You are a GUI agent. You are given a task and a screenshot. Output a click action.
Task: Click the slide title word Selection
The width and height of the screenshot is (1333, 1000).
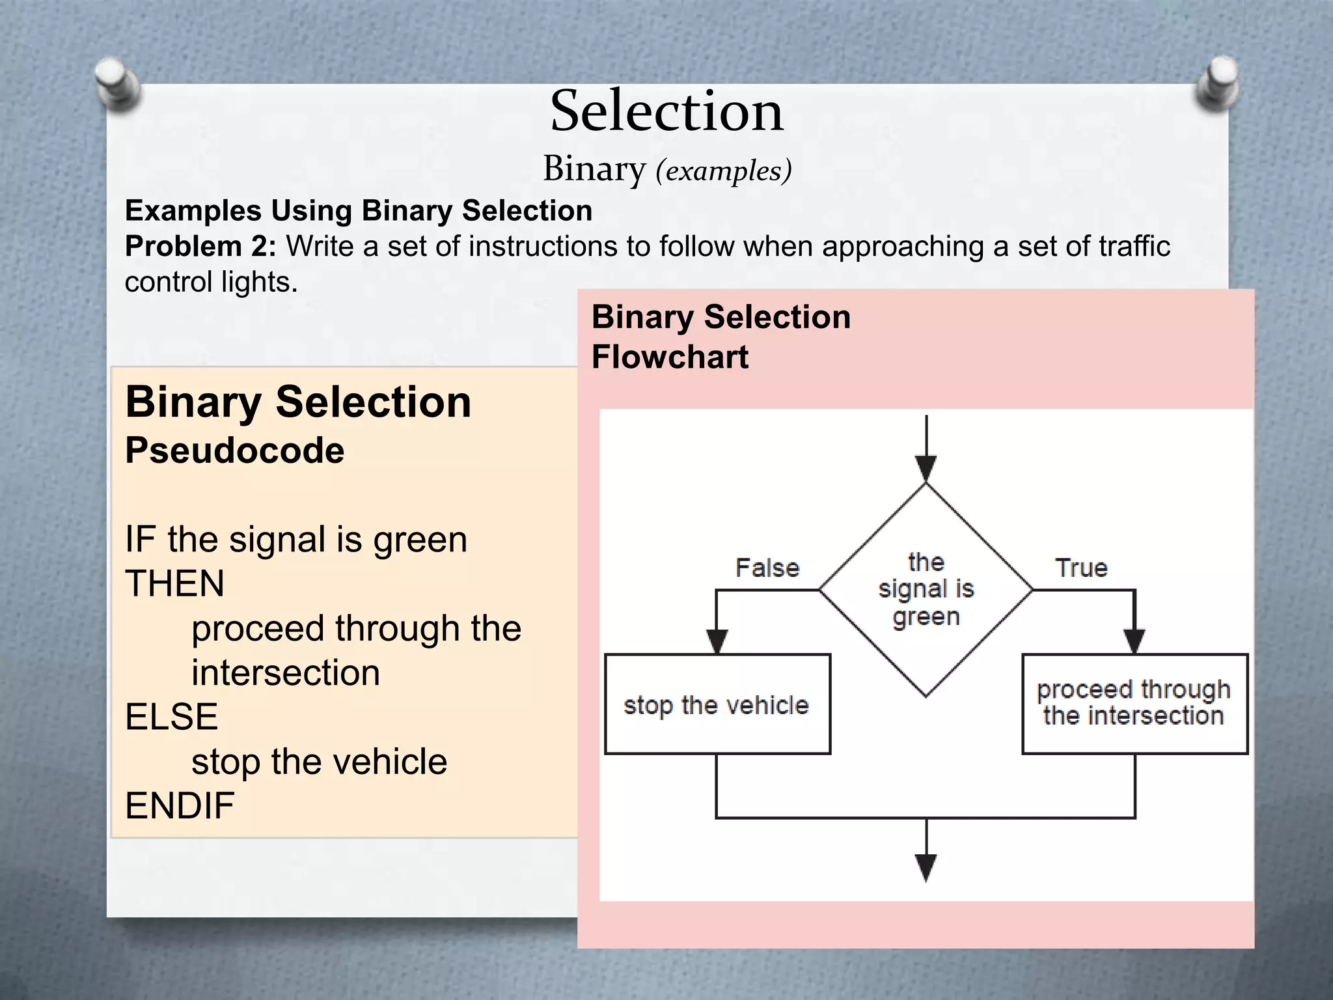(x=666, y=111)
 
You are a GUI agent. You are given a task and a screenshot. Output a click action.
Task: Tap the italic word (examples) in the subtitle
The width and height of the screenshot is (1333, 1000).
(x=723, y=171)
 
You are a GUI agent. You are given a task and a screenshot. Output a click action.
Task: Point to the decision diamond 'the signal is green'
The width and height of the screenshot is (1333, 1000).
(x=926, y=590)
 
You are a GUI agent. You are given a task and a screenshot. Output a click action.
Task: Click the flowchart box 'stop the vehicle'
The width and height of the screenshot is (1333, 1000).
(x=717, y=704)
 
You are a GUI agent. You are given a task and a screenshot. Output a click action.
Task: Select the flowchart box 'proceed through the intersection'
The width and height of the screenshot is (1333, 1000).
(x=1134, y=703)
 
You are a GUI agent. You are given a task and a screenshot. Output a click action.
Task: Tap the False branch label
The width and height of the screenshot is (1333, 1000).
(x=767, y=568)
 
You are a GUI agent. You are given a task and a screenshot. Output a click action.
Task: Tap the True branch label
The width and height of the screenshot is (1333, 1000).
(x=1081, y=568)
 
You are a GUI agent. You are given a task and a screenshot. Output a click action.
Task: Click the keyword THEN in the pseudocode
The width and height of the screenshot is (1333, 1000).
(x=174, y=583)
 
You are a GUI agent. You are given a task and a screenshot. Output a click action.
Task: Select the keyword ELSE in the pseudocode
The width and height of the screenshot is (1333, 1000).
(x=171, y=717)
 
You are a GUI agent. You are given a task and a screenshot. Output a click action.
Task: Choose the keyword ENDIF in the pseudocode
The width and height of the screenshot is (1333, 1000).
(x=180, y=806)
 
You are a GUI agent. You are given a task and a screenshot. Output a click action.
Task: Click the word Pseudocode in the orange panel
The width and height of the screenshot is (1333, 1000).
(x=234, y=451)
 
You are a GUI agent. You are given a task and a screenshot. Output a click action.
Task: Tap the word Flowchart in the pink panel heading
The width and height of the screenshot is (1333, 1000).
(x=670, y=357)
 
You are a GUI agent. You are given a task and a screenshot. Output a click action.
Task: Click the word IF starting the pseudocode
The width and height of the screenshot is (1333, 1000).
(x=139, y=540)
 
